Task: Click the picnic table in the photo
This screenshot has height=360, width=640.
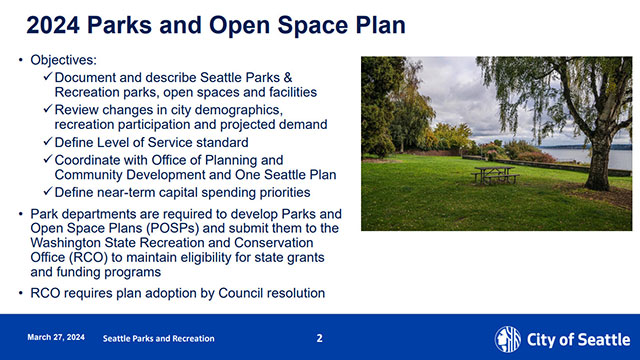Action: [494, 176]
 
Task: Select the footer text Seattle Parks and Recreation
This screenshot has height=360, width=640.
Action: [159, 338]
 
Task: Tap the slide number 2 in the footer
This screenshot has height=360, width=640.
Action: [320, 338]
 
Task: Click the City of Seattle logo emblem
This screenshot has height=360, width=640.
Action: [508, 338]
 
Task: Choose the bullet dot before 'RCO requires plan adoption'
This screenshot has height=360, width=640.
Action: [22, 293]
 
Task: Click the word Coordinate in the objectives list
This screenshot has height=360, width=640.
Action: [90, 159]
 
